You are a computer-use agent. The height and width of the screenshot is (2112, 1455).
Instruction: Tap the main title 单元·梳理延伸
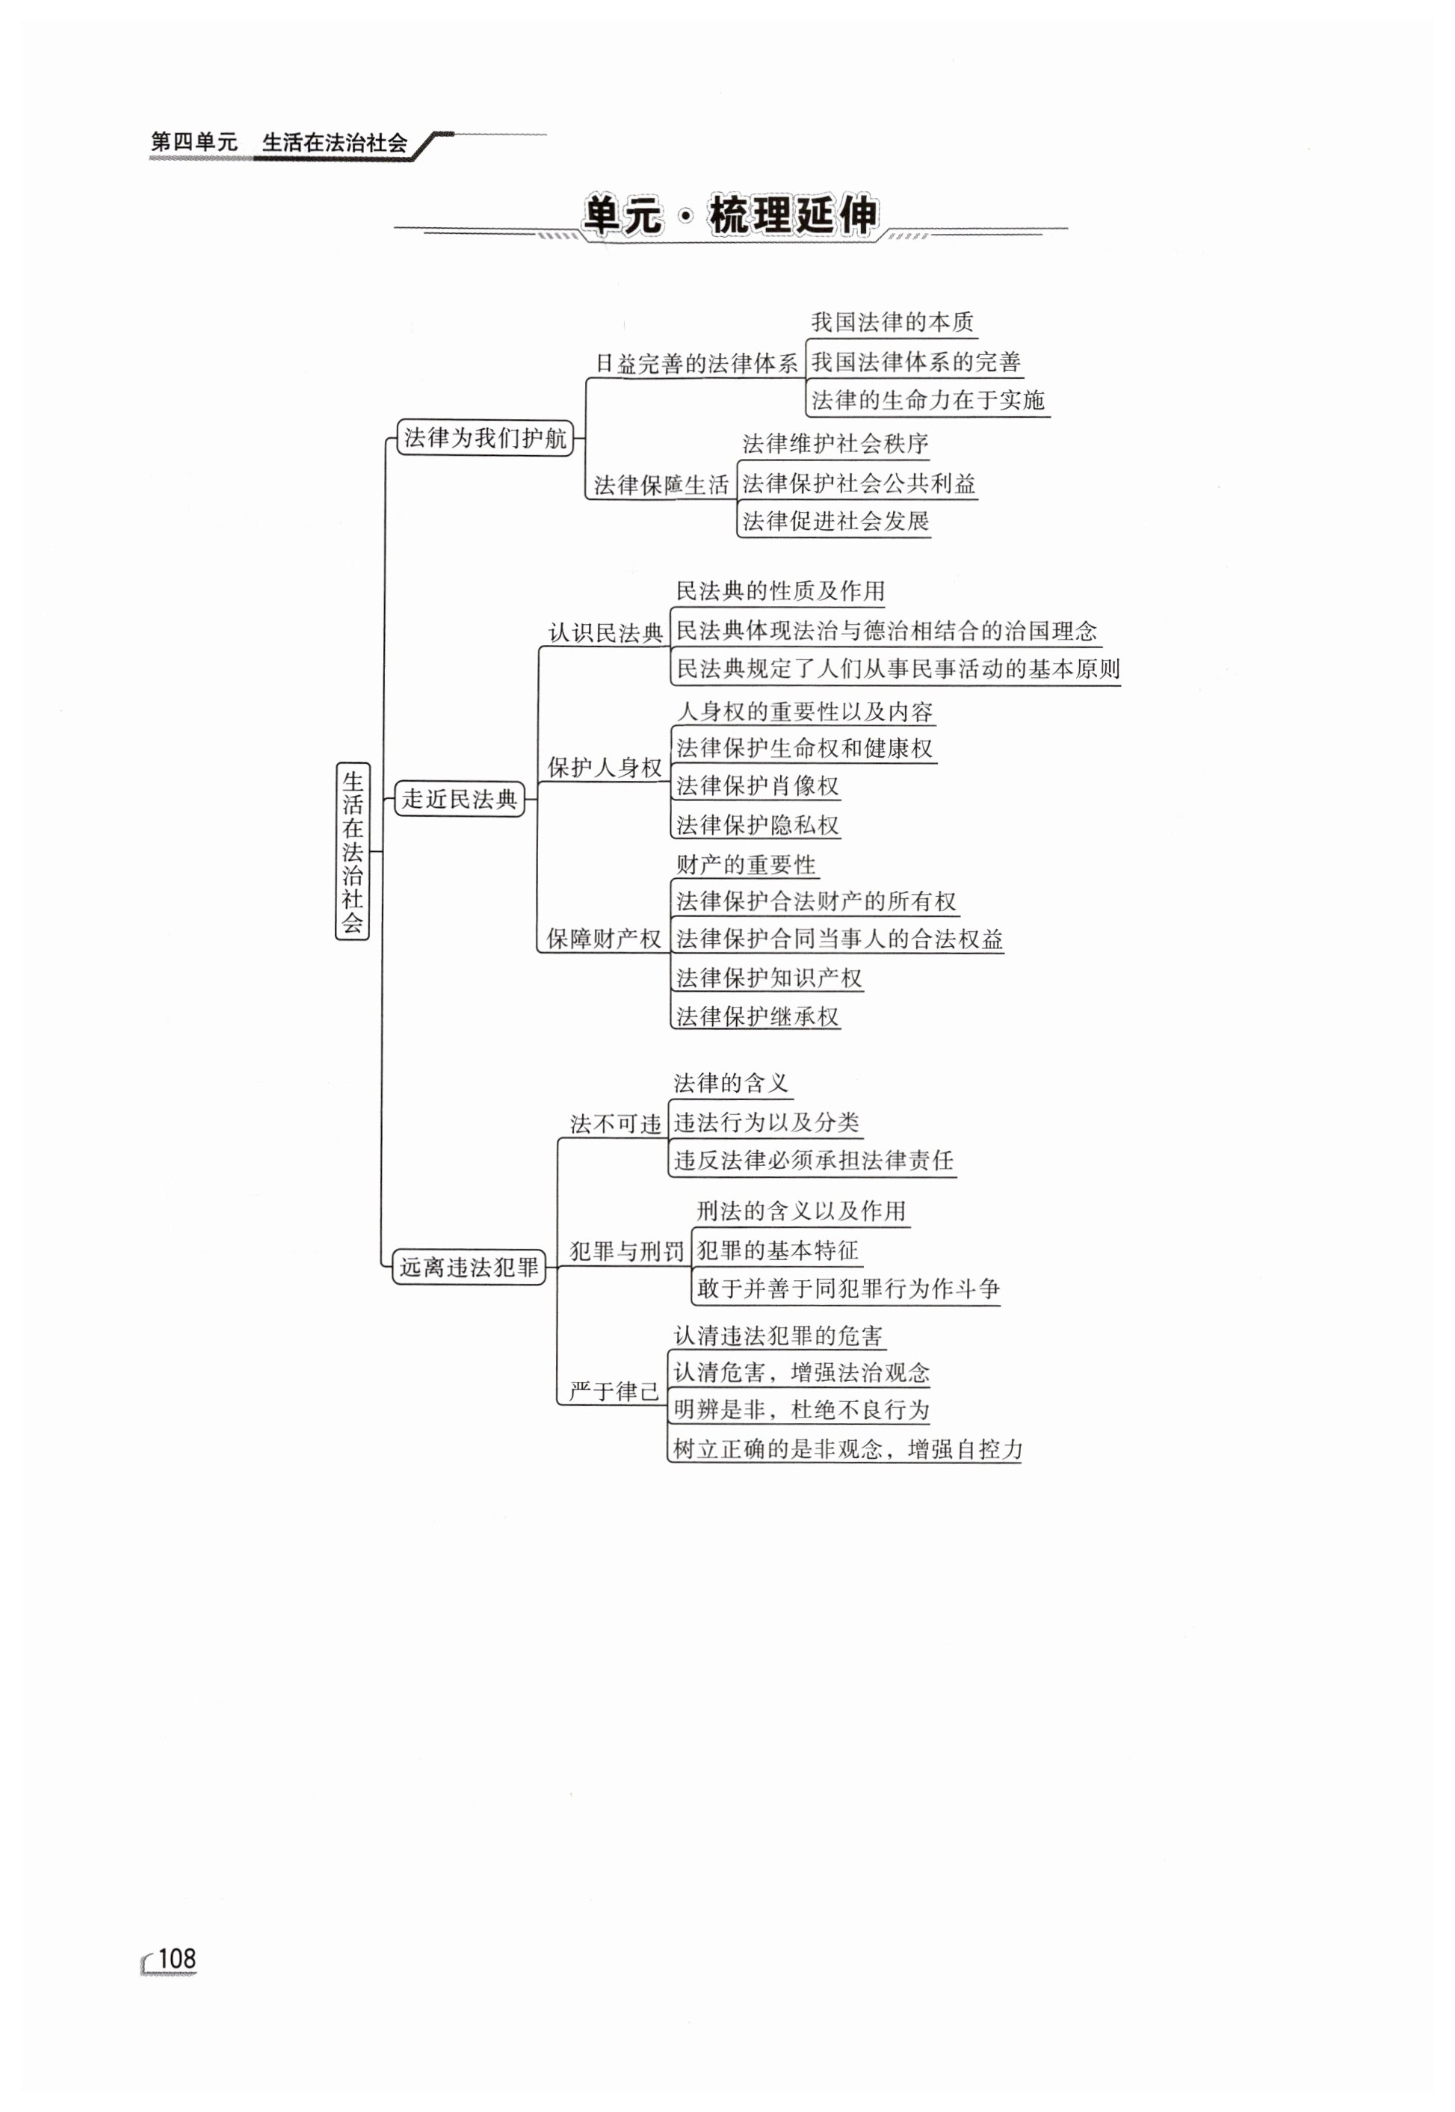pyautogui.click(x=730, y=216)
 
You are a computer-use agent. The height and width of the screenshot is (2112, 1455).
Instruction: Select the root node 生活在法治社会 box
pyautogui.click(x=353, y=851)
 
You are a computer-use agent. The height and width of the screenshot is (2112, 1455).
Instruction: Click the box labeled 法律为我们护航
pyautogui.click(x=485, y=437)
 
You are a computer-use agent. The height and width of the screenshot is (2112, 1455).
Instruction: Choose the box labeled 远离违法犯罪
pyautogui.click(x=469, y=1267)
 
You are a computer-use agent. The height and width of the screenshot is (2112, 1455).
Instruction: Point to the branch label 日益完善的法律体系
pyautogui.click(x=696, y=364)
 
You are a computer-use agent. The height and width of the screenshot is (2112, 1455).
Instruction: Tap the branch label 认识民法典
pyautogui.click(x=605, y=632)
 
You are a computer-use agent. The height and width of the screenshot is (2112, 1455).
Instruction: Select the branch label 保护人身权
pyautogui.click(x=604, y=768)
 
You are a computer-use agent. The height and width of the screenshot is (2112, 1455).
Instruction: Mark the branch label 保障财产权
pyautogui.click(x=604, y=938)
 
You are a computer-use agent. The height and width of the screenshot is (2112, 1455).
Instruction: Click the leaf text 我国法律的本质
pyautogui.click(x=892, y=322)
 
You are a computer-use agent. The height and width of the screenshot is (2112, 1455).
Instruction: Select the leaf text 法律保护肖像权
pyautogui.click(x=757, y=785)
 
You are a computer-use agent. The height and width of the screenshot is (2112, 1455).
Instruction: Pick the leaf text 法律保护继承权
pyautogui.click(x=757, y=1016)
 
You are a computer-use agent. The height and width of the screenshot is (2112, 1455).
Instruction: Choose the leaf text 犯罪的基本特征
pyautogui.click(x=778, y=1250)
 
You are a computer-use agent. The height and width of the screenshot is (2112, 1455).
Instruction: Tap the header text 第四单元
pyautogui.click(x=194, y=142)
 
